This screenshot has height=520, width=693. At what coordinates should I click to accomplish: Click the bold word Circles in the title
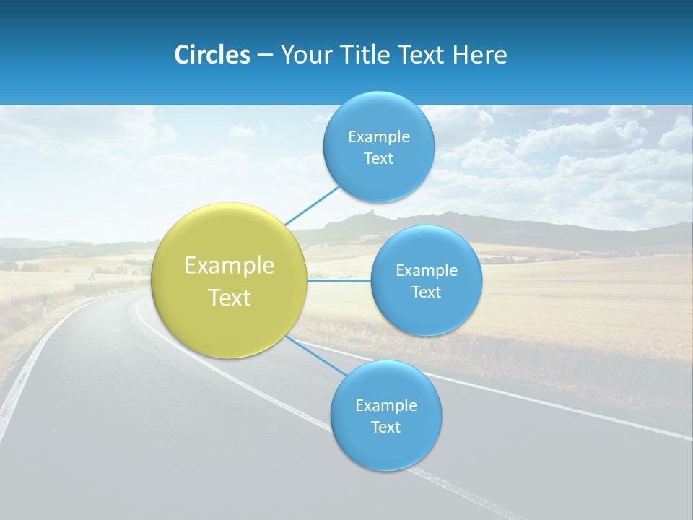(x=212, y=55)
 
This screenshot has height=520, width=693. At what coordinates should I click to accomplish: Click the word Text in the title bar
(x=423, y=55)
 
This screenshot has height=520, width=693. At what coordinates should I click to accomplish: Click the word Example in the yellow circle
(x=230, y=266)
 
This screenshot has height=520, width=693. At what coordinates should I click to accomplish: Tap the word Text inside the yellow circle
(x=230, y=298)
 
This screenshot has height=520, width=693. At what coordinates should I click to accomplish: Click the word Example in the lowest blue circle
(x=385, y=406)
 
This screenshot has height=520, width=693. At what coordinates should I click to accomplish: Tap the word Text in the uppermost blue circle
(x=378, y=159)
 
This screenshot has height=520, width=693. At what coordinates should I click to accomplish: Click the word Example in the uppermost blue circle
(x=378, y=137)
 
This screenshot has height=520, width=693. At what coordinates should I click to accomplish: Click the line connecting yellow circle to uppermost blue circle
(x=312, y=205)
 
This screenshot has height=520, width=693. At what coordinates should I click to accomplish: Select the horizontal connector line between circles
(x=339, y=280)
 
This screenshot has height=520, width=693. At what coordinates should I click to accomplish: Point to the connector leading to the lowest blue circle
(x=314, y=355)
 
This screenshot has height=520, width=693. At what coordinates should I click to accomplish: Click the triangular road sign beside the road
(x=92, y=277)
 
